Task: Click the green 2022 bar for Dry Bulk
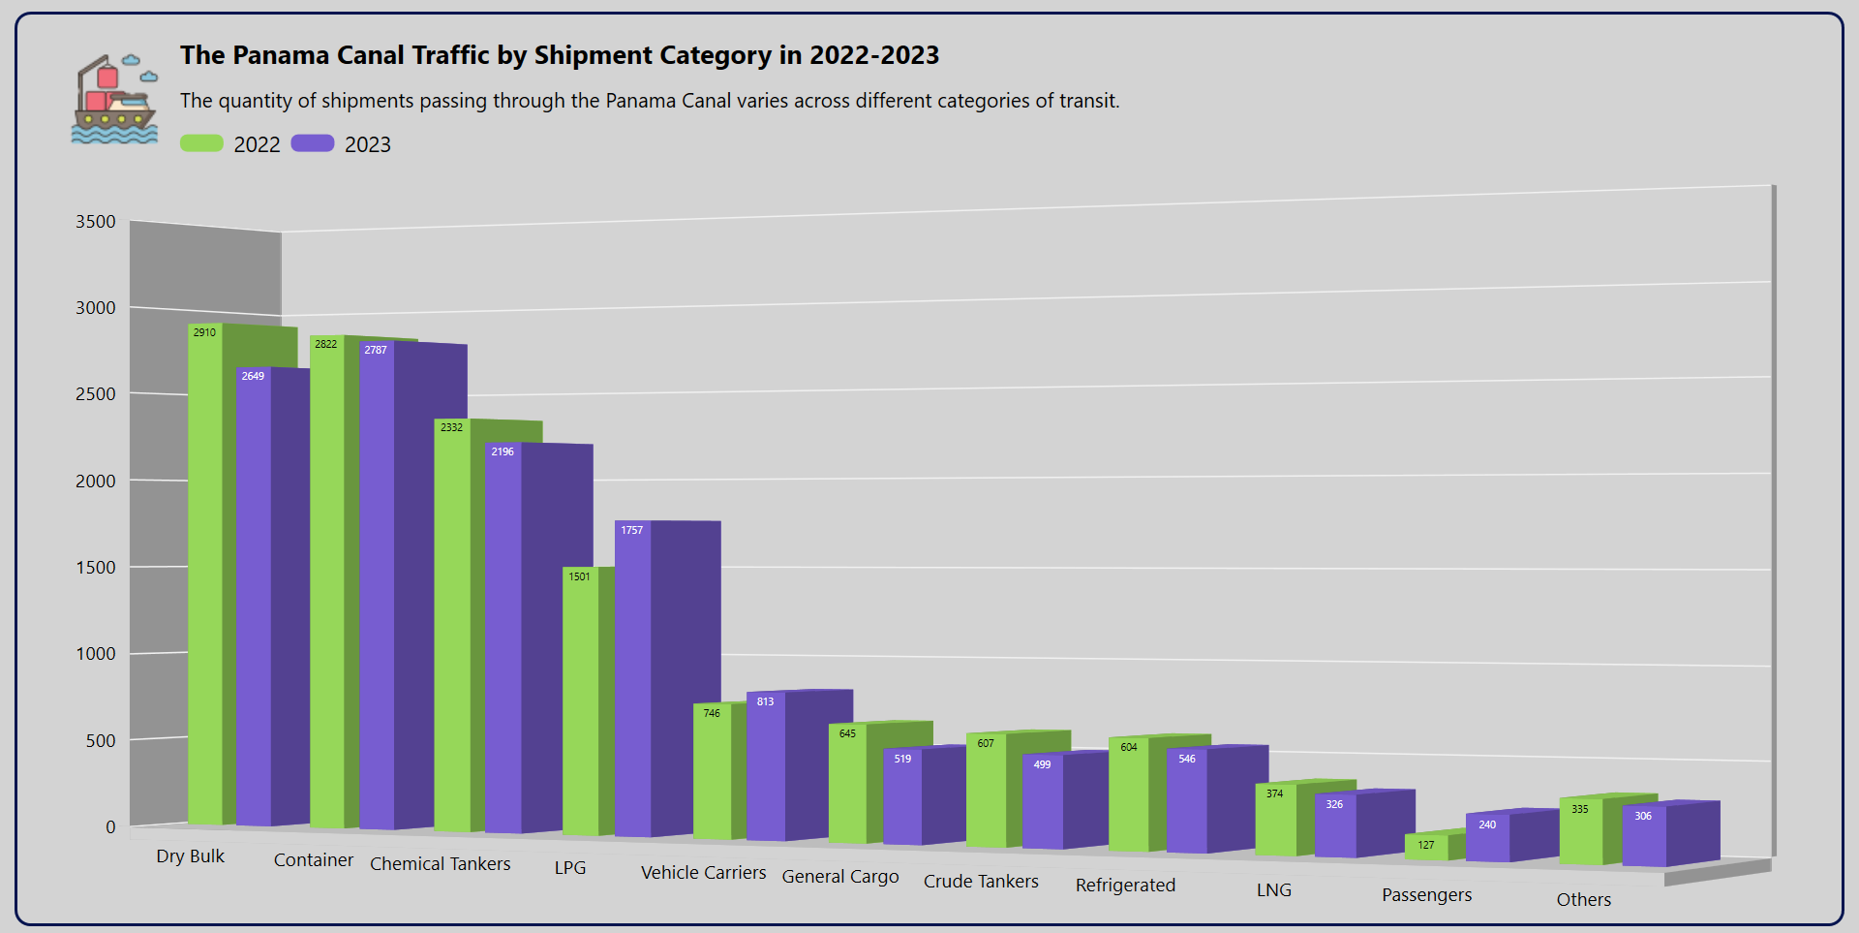(205, 581)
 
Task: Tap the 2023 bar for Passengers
(1488, 839)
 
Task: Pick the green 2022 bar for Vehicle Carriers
(713, 775)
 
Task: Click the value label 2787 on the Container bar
(376, 350)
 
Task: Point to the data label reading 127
(1426, 845)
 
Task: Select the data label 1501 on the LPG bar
(579, 576)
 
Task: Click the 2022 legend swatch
(201, 143)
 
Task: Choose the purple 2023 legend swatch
(313, 143)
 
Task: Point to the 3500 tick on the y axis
(96, 222)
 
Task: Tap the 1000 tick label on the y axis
(96, 654)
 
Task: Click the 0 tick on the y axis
(110, 827)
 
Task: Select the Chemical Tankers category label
(441, 863)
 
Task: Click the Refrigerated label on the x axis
(1125, 885)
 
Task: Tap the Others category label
(1584, 899)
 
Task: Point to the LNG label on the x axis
(1274, 889)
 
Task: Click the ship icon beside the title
(114, 99)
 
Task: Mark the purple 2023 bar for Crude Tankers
(1043, 804)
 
